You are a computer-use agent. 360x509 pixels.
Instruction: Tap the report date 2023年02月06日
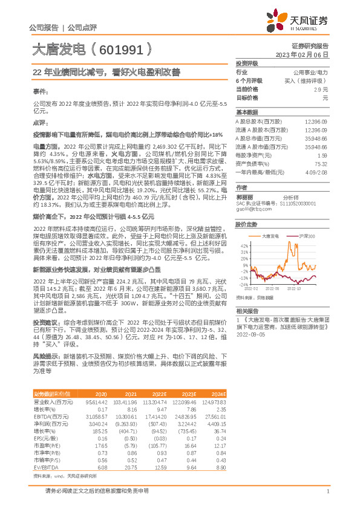[x=302, y=54]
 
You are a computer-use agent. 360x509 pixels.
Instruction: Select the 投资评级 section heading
[x=247, y=63]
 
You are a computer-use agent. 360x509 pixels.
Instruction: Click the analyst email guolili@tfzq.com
[x=252, y=210]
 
